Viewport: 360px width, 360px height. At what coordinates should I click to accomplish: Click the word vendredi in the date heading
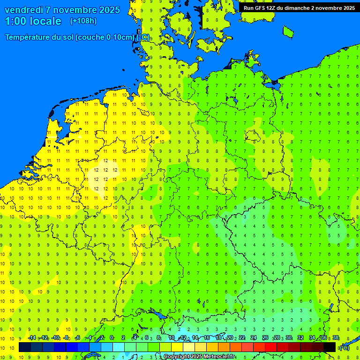coord(24,10)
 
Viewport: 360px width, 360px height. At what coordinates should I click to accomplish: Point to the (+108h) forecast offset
coord(83,21)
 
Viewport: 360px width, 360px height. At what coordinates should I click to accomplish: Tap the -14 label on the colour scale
coord(32,338)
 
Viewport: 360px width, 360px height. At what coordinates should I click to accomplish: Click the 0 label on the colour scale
coord(111,338)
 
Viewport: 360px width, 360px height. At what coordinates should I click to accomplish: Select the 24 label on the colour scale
coord(254,338)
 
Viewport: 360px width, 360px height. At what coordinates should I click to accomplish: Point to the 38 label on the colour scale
coord(336,338)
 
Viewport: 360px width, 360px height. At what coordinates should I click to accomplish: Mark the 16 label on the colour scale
coord(207,338)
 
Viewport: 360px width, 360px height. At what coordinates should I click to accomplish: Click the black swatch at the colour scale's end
coord(330,347)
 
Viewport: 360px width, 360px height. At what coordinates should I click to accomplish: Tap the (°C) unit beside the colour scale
coord(344,347)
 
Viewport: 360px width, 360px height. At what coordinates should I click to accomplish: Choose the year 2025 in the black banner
coord(346,8)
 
